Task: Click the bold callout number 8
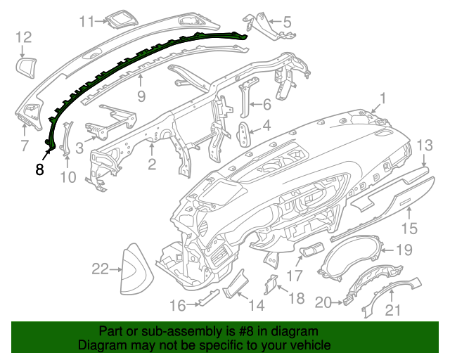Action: (39, 169)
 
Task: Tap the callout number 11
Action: (86, 21)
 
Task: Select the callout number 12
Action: (23, 37)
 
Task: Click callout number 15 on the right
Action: (409, 229)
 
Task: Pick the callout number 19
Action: (404, 250)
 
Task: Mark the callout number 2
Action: (151, 165)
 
